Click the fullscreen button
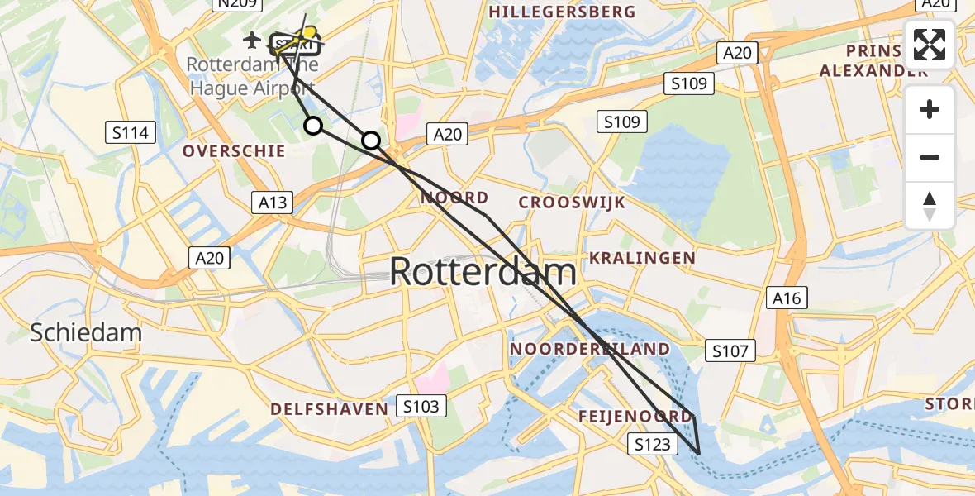pos(930,45)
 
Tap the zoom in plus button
pos(930,109)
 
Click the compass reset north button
pos(930,206)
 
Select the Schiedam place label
pos(86,333)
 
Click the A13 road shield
pos(271,203)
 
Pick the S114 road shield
pos(131,132)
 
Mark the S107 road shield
pos(730,351)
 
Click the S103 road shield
pos(421,406)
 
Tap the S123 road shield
pos(653,445)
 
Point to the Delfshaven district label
pos(329,409)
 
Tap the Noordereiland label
pos(590,349)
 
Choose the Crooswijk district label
pos(572,203)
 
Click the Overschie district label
pos(234,151)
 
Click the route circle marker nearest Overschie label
pos(313,126)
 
